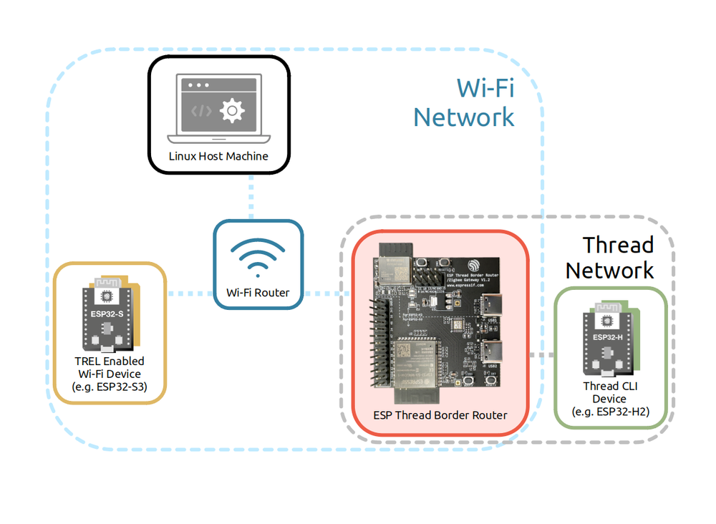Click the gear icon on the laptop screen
pos(232,111)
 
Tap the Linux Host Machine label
pos(218,155)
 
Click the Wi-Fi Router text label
pos(258,293)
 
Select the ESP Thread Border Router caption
pos(440,415)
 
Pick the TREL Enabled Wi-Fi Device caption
pos(110,374)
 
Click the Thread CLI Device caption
pos(609,399)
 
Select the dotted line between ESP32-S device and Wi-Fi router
pos(190,293)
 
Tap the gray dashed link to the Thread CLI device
pos(542,355)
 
